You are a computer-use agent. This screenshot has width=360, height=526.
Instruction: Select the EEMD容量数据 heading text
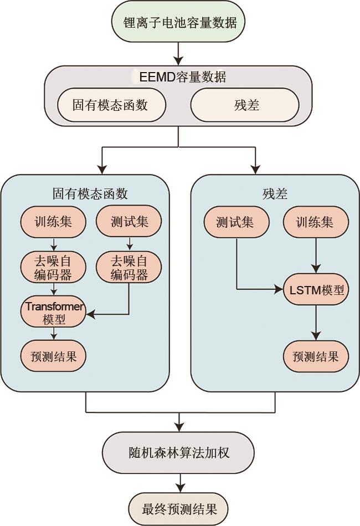[x=182, y=76]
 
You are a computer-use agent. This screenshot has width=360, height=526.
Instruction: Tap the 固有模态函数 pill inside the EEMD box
[x=111, y=105]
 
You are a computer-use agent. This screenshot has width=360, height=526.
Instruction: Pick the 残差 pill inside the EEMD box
[x=245, y=105]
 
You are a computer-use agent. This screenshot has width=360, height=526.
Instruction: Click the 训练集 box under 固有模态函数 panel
[x=53, y=222]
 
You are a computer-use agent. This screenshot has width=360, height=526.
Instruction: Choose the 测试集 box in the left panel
[x=129, y=222]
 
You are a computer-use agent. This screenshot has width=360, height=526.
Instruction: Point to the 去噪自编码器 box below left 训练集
[x=53, y=267]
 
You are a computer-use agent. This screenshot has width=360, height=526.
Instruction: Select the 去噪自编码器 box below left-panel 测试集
[x=129, y=267]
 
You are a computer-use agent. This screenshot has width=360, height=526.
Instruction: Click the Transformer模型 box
[x=53, y=312]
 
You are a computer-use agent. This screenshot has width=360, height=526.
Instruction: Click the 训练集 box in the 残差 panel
[x=316, y=222]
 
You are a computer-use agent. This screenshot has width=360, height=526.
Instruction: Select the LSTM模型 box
[x=316, y=290]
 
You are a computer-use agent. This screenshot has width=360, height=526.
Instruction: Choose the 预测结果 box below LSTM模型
[x=316, y=356]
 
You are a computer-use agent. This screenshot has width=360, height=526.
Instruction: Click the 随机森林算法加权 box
[x=178, y=452]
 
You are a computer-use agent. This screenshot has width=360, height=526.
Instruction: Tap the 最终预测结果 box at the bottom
[x=178, y=508]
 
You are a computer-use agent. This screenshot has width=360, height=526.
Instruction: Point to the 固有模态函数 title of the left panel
[x=90, y=193]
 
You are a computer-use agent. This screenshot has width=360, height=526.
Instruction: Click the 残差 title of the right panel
[x=275, y=193]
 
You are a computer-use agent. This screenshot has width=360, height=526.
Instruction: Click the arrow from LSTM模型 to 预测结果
[x=316, y=324]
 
